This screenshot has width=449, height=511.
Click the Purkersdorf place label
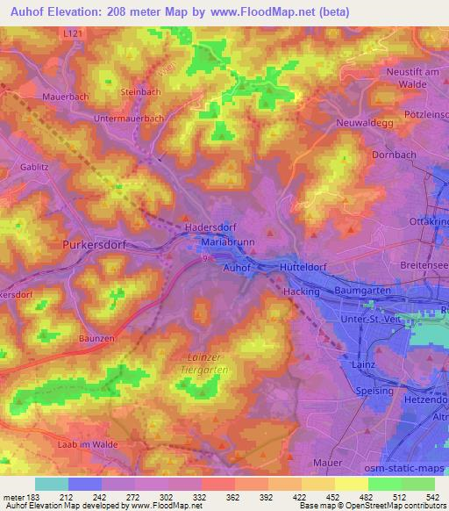pos(96,246)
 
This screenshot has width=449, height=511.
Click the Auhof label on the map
pos(239,264)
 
